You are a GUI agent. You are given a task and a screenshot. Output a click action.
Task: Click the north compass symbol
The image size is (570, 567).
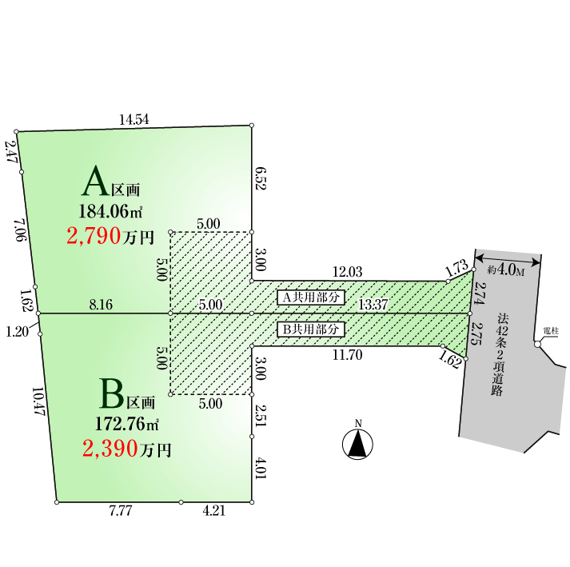[359, 444]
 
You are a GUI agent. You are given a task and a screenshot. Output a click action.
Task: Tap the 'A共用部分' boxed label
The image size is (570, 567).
[311, 297]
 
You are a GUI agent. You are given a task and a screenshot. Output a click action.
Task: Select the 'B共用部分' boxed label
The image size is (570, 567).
[311, 329]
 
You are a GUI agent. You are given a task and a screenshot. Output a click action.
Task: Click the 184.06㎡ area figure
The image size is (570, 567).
[110, 212]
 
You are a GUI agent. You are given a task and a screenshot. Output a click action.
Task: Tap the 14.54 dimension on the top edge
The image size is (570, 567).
[134, 120]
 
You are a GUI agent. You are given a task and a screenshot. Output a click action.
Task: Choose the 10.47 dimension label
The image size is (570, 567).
[37, 401]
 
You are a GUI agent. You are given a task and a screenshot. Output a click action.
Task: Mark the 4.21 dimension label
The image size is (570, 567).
[213, 512]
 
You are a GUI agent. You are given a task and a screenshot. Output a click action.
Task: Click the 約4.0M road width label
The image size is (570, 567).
[506, 270]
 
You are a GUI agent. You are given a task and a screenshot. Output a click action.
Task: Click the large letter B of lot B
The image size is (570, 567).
[112, 394]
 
